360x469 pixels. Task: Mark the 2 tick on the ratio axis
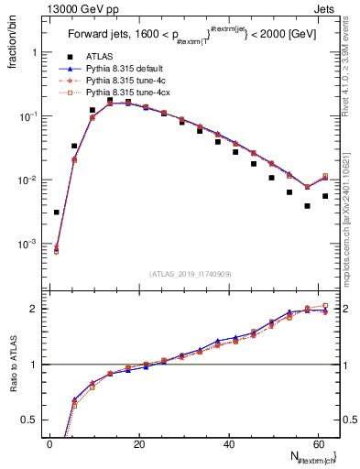click(x=34, y=309)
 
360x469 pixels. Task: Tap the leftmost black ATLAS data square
click(x=57, y=213)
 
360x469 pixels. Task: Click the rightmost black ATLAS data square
click(x=325, y=196)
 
